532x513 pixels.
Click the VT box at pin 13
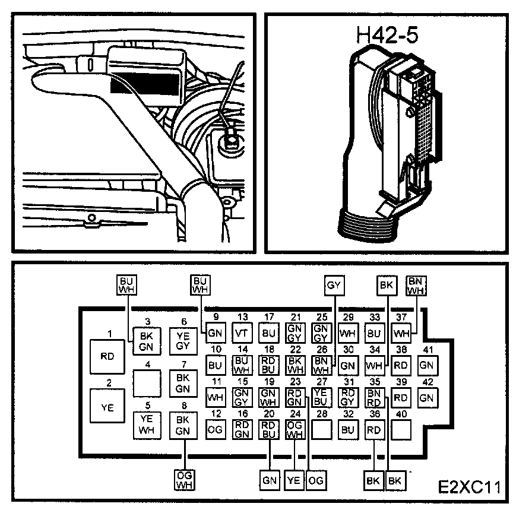pyautogui.click(x=242, y=333)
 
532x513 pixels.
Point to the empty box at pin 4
pyautogui.click(x=147, y=382)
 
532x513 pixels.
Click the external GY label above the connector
pyautogui.click(x=334, y=286)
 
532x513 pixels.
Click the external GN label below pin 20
pyautogui.click(x=269, y=480)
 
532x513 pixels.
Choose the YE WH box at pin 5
pyautogui.click(x=147, y=425)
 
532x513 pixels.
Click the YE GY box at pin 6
pyautogui.click(x=183, y=341)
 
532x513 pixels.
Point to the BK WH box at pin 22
pyautogui.click(x=295, y=364)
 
